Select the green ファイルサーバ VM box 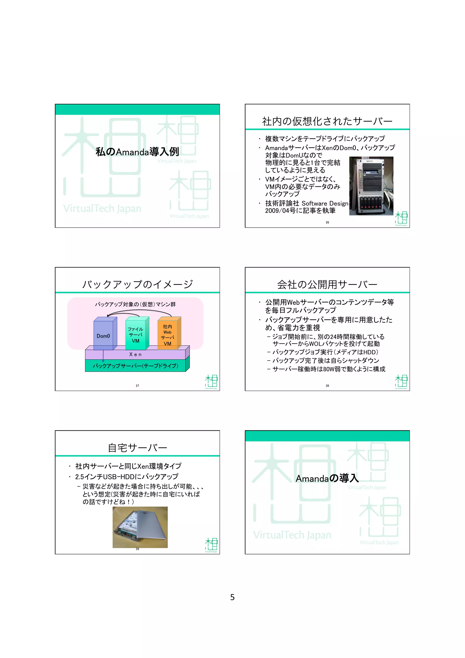pos(136,335)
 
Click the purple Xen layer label pos(135,354)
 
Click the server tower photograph pos(371,186)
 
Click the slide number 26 pos(327,222)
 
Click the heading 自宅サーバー pos(137,448)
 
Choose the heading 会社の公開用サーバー pos(327,284)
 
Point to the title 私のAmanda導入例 pos(137,152)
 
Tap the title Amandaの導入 pos(327,478)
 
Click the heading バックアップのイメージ pos(137,284)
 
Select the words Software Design pos(325,203)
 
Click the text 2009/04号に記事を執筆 pos(300,211)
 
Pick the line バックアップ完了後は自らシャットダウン pos(326,361)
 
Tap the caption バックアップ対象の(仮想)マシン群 pos(135,304)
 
